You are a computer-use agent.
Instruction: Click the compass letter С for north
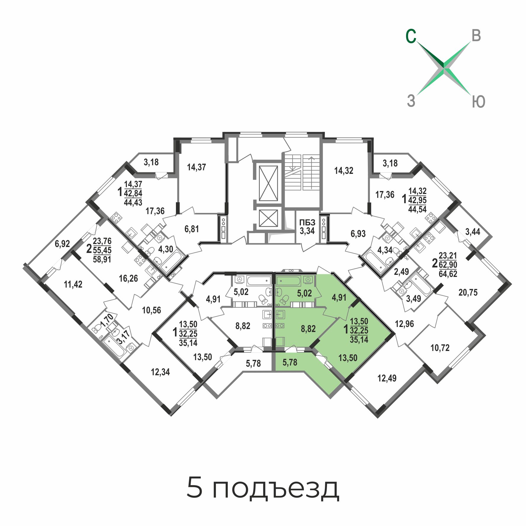pos(411,36)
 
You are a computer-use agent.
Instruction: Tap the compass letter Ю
pos(478,102)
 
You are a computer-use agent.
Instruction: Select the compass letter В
pos(476,36)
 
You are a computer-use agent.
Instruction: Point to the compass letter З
pos(411,100)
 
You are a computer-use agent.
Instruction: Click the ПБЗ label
pos(307,222)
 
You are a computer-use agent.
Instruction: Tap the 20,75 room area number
pos(468,293)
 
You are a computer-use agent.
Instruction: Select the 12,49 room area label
pos(387,378)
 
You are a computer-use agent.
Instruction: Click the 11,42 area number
pos(73,284)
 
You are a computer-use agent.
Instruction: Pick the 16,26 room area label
pos(128,278)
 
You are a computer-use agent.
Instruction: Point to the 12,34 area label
pos(160,372)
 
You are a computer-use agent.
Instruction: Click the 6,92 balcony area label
pos(62,244)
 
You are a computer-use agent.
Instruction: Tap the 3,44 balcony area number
pos(473,232)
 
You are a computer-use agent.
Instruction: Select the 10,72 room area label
pos(440,348)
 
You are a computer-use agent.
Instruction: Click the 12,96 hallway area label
pos(404,324)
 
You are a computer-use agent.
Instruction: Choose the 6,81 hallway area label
pos(192,229)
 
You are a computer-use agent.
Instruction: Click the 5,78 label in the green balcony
pos(290,362)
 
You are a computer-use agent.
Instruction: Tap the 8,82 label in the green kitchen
pos(308,329)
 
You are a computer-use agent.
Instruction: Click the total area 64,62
pos(448,274)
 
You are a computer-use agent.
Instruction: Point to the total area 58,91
pos(102,259)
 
